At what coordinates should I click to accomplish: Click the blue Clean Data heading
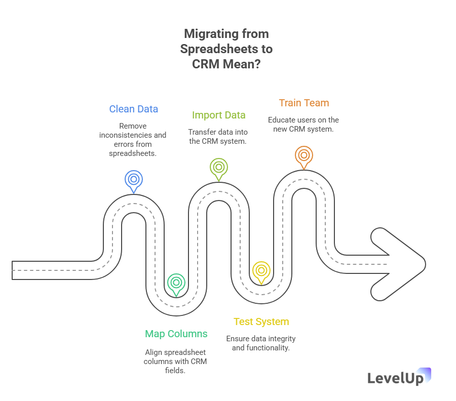pos(134,109)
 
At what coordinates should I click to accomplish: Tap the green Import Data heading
pos(218,115)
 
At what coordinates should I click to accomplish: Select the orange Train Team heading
pos(303,103)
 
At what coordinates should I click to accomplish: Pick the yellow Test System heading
pos(261,322)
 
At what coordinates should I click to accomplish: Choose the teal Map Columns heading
pos(176,334)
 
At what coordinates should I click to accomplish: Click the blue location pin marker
pos(134,180)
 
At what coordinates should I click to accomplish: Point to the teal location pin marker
pos(176,283)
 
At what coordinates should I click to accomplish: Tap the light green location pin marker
pos(218,168)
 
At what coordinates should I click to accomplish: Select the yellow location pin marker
pos(261,271)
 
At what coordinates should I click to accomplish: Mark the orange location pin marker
pos(303,156)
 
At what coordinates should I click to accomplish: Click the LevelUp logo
pos(399,377)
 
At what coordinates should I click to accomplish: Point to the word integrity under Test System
pos(282,339)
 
